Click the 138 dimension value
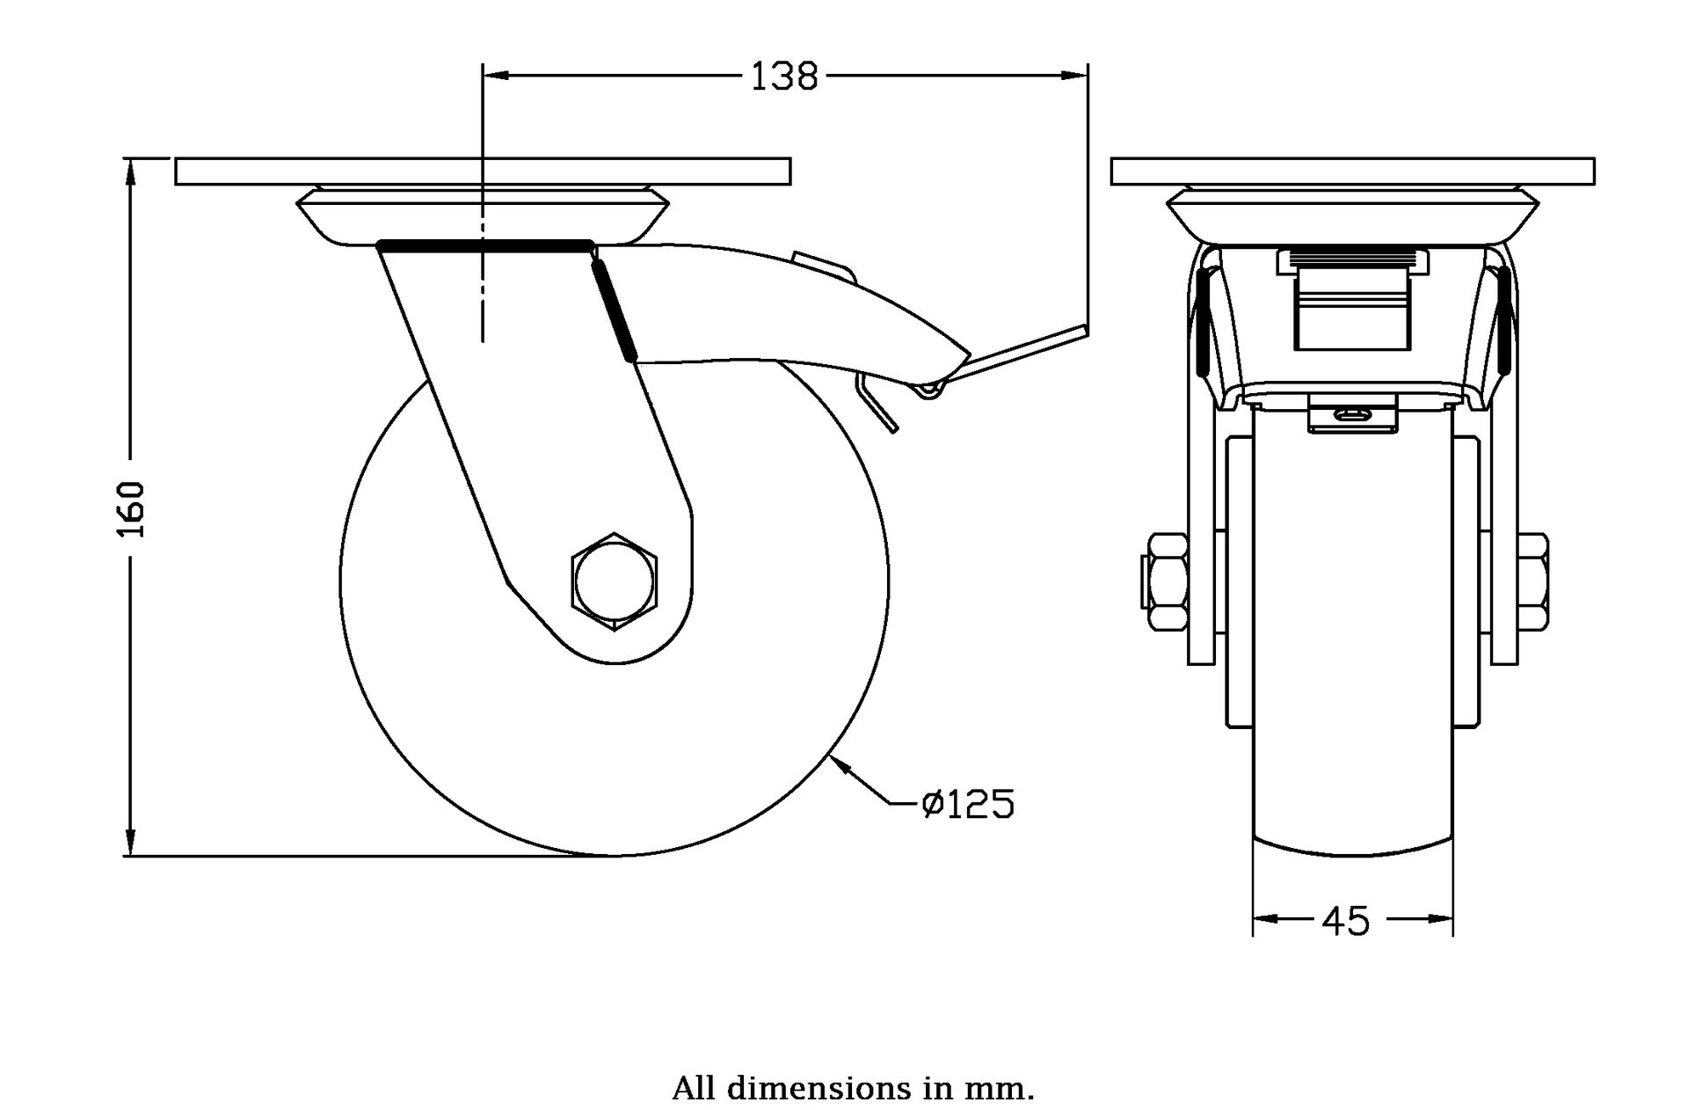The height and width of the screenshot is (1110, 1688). coord(783,77)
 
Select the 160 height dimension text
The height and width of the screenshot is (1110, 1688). coord(132,509)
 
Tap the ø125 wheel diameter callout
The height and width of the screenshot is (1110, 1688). coord(968,803)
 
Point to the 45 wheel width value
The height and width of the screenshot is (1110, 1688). coord(1346,921)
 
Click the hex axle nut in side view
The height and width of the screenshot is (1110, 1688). coord(614,581)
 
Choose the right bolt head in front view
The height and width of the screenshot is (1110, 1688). coord(1532,581)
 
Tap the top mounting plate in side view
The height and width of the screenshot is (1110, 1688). coord(483,172)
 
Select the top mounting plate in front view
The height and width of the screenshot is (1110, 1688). coord(1352,172)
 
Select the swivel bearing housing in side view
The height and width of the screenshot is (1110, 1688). coord(483,217)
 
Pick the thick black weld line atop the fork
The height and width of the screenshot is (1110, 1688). coord(485,245)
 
